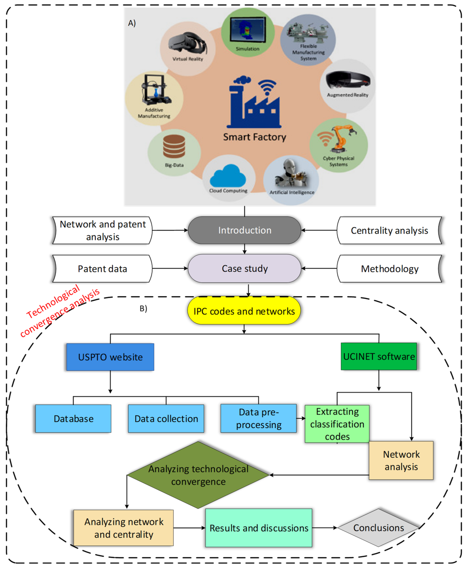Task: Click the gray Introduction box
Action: click(245, 230)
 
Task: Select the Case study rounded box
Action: click(245, 269)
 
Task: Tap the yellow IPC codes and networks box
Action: click(244, 311)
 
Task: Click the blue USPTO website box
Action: click(110, 357)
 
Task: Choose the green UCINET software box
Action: click(379, 356)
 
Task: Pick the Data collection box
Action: click(166, 418)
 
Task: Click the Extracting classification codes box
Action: click(337, 424)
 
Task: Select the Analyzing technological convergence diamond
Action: click(198, 475)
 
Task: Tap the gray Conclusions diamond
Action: click(378, 528)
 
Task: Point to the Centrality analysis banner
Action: click(389, 230)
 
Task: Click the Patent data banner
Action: click(102, 269)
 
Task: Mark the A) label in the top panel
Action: click(132, 23)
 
